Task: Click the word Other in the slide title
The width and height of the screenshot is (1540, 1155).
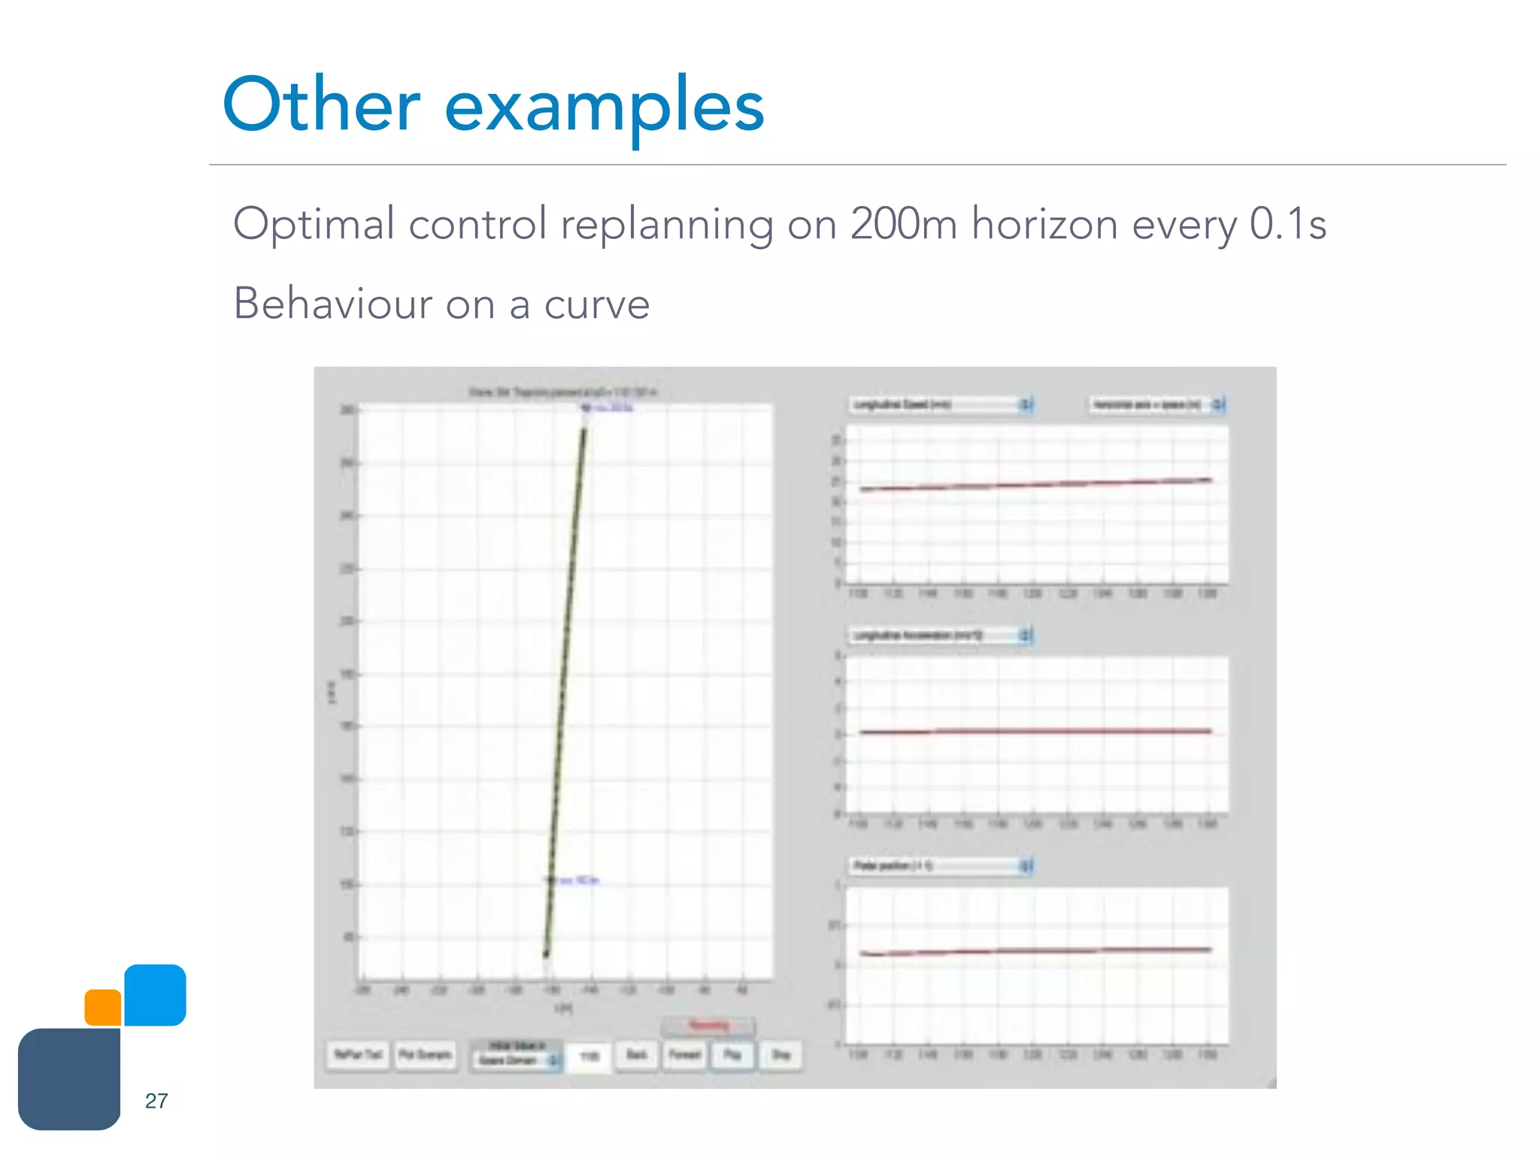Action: pos(321,105)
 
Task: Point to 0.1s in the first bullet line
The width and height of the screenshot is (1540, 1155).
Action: pos(1287,224)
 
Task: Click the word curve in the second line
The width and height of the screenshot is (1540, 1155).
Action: pos(596,305)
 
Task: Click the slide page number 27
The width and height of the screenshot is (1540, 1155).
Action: pos(156,1101)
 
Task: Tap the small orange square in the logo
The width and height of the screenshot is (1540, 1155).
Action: pos(103,1008)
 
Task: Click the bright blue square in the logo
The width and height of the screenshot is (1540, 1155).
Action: pos(155,995)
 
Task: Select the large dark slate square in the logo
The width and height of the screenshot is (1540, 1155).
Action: pos(69,1079)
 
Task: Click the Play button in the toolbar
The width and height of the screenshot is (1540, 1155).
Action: pos(732,1055)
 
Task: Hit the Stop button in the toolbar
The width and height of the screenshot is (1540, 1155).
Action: pos(781,1055)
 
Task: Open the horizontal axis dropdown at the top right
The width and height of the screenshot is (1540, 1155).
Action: pos(1157,405)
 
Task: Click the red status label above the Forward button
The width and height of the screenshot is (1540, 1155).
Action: pos(708,1026)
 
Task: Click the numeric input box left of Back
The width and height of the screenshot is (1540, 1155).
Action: pos(590,1056)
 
